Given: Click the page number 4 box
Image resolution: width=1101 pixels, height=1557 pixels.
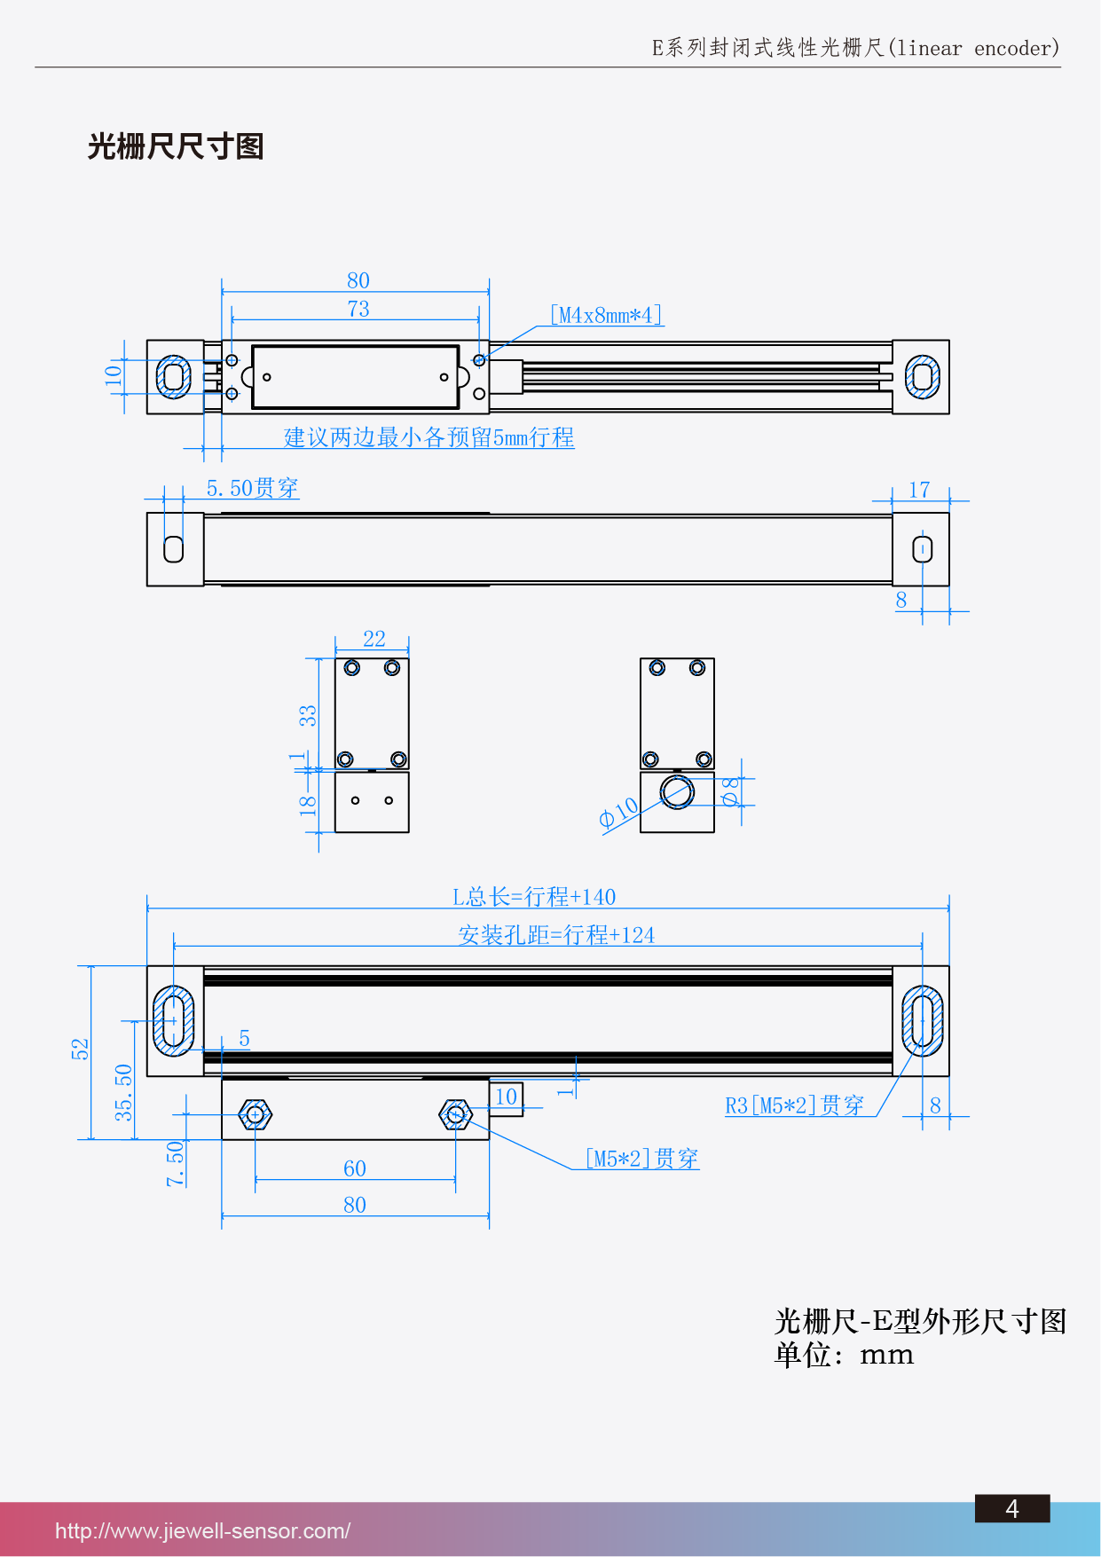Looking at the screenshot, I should click(1012, 1508).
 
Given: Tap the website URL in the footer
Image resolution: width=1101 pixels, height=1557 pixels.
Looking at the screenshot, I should click(202, 1530).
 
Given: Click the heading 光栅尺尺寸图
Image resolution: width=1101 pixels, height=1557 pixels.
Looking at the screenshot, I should click(176, 146).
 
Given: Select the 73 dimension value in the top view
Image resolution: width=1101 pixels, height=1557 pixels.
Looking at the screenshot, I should click(358, 309).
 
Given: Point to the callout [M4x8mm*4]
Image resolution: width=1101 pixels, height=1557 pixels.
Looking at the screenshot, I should click(606, 315).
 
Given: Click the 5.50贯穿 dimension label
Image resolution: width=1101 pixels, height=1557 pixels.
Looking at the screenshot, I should click(252, 488).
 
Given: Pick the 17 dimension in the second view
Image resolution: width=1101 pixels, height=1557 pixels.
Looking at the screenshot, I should click(919, 490).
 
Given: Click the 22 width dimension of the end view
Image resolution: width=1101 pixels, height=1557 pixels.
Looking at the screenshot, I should click(374, 639).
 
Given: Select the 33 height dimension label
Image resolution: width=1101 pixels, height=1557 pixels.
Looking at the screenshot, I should click(307, 715).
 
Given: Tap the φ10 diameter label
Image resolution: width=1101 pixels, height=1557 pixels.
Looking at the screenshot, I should click(618, 812).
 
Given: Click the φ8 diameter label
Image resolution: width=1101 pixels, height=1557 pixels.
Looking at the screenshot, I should click(730, 790).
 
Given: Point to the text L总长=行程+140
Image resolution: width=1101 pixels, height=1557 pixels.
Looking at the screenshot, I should click(534, 897).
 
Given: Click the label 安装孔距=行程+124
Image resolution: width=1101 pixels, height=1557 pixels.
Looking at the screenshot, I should click(556, 935).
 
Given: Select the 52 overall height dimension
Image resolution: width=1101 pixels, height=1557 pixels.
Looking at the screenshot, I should click(81, 1049).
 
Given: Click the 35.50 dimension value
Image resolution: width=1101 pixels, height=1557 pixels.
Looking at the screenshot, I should click(123, 1092).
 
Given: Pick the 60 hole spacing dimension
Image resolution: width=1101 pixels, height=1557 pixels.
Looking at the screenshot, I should click(355, 1168).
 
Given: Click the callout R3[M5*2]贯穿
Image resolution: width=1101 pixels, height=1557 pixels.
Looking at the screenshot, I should click(794, 1105).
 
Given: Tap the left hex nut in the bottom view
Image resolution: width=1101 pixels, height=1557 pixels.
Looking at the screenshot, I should click(256, 1114).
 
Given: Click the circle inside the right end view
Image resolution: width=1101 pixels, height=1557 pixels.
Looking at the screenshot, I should click(677, 791).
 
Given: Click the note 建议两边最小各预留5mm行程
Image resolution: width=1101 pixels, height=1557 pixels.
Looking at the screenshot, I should click(429, 437).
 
